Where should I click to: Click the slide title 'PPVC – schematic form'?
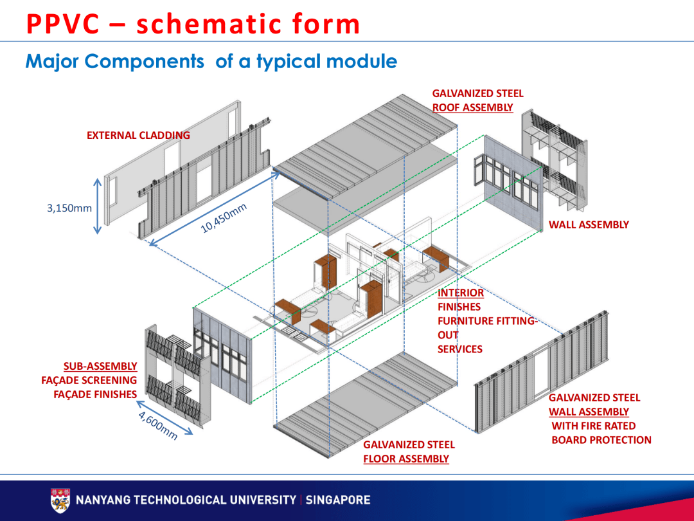193,24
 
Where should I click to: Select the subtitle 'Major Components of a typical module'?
211,62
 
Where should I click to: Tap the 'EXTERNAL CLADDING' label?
138,135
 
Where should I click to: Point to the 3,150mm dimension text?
69,208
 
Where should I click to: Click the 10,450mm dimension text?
224,219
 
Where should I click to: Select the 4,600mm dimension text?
157,425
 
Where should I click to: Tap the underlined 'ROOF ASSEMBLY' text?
472,108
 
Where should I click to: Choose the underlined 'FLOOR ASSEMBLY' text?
405,459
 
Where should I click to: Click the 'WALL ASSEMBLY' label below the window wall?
589,224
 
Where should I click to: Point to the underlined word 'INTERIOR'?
461,293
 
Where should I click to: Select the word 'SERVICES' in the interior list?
459,349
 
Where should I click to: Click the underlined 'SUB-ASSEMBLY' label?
100,366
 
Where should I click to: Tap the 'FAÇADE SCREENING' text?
89,380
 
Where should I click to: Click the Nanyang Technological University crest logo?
60,500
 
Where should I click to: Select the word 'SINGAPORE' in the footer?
338,500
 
